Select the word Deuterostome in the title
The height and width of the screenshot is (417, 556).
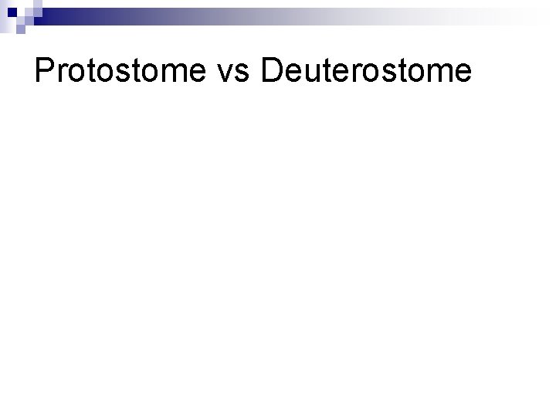pos(366,72)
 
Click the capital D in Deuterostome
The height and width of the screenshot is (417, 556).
pos(273,72)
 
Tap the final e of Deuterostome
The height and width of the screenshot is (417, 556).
pos(461,74)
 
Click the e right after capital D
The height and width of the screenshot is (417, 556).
pos(294,74)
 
